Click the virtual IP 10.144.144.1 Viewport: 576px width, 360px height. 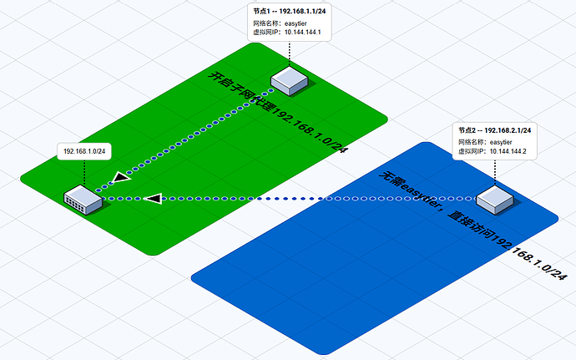coord(303,32)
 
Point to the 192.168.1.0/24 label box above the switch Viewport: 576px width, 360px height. coord(84,151)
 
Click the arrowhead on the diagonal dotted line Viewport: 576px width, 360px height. coord(122,178)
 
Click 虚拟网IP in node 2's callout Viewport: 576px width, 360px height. coord(472,151)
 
